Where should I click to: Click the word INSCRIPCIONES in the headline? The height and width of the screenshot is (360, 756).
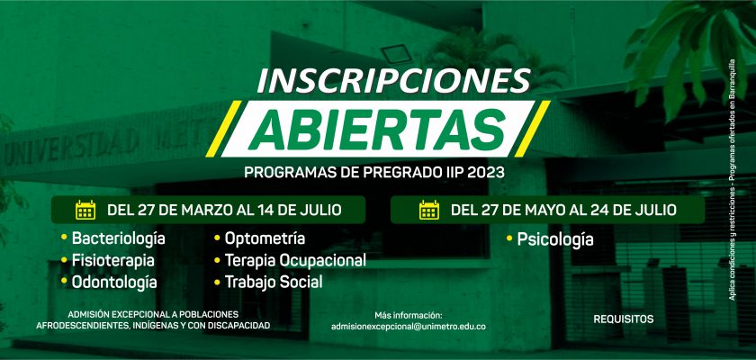[393, 80]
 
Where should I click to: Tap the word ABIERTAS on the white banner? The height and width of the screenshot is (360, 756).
[377, 130]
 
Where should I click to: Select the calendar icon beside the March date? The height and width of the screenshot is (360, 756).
[85, 210]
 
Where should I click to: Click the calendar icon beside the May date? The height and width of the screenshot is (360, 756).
[429, 210]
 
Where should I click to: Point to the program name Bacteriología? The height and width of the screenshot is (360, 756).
[118, 238]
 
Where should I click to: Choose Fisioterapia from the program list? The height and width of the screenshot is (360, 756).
[112, 260]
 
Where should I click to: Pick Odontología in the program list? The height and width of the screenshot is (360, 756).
[113, 282]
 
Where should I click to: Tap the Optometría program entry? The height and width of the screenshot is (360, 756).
[265, 238]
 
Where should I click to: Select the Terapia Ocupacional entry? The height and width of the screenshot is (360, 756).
[295, 260]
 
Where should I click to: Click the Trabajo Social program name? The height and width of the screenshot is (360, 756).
[274, 282]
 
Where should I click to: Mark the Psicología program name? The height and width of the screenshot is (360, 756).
[555, 239]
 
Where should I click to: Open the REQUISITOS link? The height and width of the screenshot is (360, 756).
[624, 319]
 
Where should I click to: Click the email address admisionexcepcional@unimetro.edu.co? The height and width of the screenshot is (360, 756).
[409, 327]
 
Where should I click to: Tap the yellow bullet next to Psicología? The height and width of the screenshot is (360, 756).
[509, 238]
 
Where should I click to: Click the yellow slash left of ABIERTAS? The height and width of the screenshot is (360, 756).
[224, 129]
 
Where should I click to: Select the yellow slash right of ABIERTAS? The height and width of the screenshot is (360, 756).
[532, 129]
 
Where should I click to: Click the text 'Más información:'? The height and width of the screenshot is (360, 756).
[408, 315]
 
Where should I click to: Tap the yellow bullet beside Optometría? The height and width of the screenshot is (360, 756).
[217, 237]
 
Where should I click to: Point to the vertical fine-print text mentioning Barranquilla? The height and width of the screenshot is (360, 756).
[732, 179]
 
